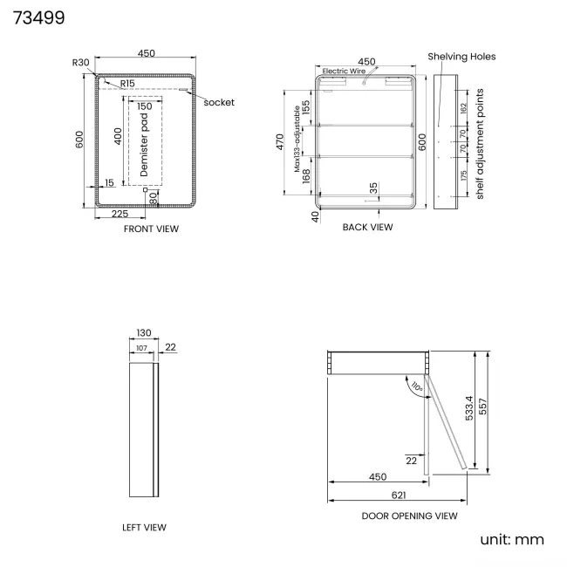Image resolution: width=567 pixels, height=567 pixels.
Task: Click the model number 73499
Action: coord(38,17)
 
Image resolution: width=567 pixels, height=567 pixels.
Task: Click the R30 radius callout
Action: coord(80,63)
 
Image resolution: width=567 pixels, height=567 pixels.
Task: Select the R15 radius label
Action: coord(127,84)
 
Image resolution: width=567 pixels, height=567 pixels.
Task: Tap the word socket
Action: coord(219,102)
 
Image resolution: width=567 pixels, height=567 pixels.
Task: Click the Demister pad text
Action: coord(144,145)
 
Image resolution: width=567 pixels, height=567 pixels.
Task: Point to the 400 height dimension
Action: coord(118,136)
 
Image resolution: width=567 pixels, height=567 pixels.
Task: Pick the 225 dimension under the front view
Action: coord(120,214)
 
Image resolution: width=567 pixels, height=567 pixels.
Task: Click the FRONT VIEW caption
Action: coord(151,229)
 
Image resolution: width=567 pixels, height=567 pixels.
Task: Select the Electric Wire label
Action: coord(344,71)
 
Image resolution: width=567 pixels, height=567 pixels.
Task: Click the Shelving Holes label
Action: coord(461,57)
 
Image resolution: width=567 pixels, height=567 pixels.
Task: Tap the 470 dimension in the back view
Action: coord(280,141)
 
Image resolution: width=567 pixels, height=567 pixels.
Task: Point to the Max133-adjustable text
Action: coord(297,139)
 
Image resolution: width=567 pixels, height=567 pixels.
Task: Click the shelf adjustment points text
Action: coord(480,144)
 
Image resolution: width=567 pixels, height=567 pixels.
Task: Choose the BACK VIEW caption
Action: coord(368,227)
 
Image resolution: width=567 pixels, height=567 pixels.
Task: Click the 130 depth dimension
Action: coord(144,332)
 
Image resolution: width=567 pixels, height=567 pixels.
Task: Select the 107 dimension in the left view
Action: coord(141,348)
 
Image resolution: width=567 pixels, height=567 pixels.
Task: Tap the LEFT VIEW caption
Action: coord(144,528)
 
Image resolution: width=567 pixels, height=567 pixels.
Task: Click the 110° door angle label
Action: coord(417,387)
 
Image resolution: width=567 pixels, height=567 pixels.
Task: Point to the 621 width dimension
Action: coord(399,495)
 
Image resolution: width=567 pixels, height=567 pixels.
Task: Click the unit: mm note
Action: coord(512,539)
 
